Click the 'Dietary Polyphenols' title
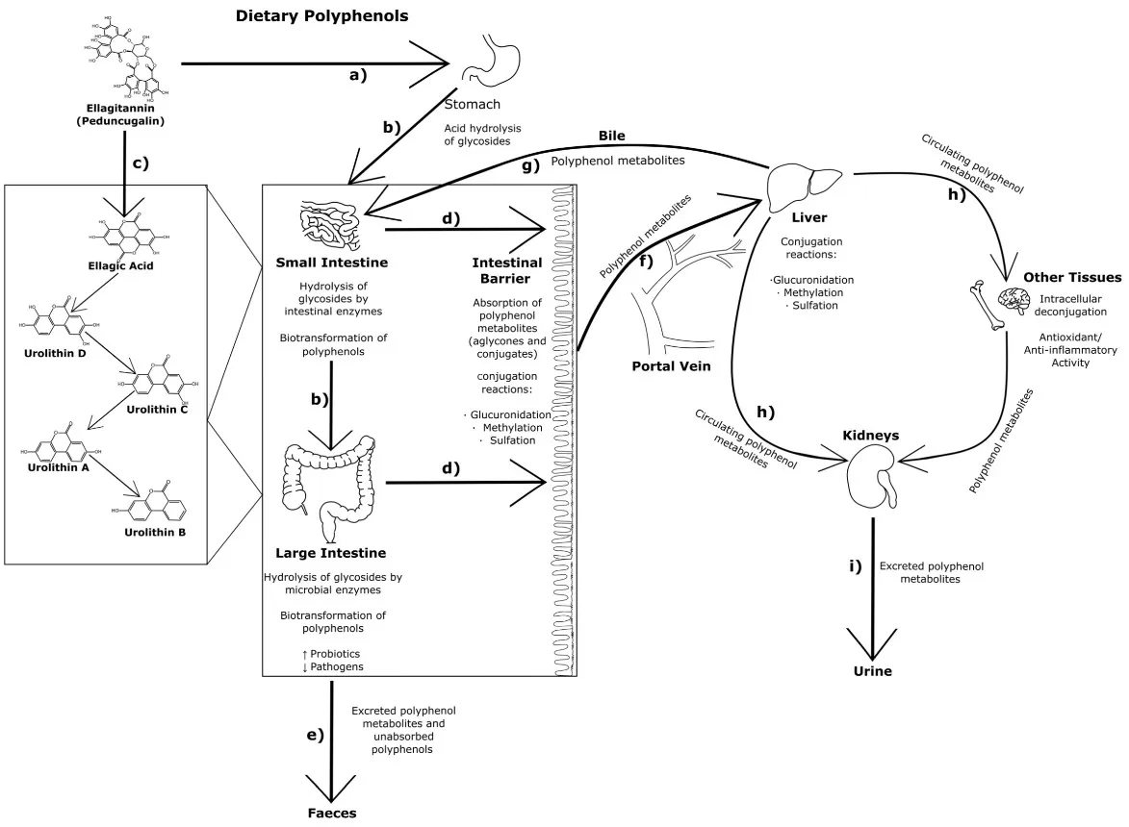click(x=322, y=16)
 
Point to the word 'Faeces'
click(x=332, y=813)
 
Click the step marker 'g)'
click(x=530, y=165)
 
